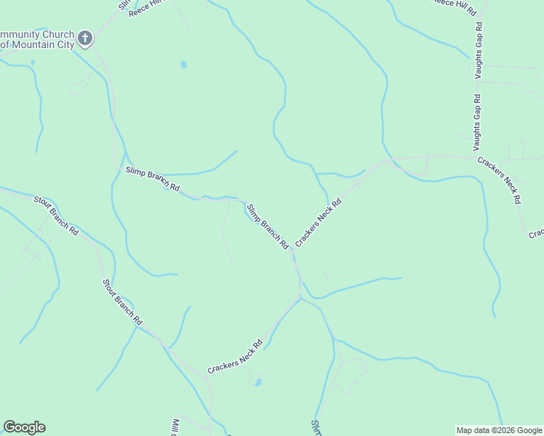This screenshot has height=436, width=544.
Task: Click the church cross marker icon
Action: pos(85,38)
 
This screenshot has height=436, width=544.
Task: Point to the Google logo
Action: pos(24,427)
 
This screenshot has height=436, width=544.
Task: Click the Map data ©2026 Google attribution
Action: pos(499,430)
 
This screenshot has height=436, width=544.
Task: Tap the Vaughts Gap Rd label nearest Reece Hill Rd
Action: pos(479,50)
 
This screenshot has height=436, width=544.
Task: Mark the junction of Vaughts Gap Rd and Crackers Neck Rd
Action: pos(476,156)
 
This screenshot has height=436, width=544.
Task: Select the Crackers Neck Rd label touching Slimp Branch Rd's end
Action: pos(318,220)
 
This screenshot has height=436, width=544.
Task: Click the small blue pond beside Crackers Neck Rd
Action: pos(257,381)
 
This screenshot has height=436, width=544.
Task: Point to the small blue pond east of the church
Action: pos(183,65)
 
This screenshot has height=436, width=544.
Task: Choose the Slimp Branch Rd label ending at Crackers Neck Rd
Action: pos(268,227)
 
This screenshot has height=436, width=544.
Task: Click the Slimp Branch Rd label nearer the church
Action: pos(152,179)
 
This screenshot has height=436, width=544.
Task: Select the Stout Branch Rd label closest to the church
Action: pos(56,214)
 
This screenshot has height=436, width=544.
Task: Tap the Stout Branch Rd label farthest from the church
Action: pos(122,302)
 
